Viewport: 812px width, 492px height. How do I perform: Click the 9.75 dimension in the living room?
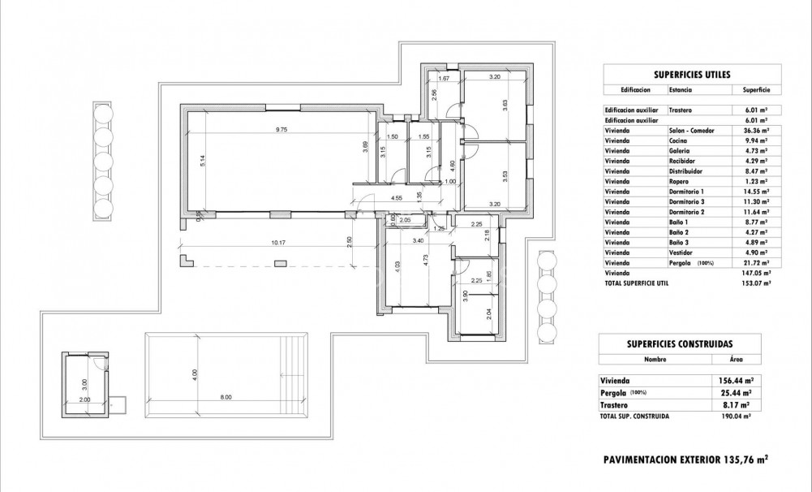(x=281, y=129)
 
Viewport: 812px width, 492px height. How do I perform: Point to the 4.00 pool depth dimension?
(x=195, y=374)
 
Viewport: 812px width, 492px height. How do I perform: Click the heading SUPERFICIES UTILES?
(x=685, y=74)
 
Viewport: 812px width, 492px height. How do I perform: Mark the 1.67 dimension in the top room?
(x=444, y=78)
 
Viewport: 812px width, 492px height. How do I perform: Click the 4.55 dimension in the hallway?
(x=397, y=198)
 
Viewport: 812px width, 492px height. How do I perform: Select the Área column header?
(x=735, y=358)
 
